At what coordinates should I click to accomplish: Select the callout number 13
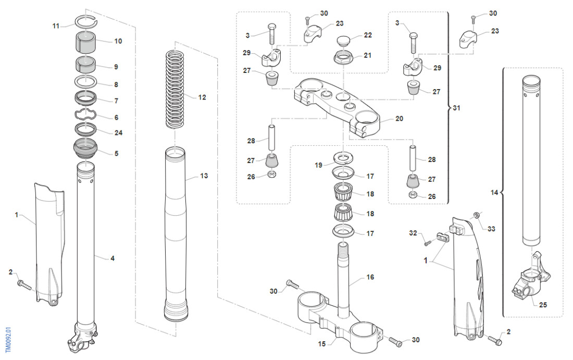(x=204, y=176)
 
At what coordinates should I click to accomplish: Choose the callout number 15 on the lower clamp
(x=321, y=343)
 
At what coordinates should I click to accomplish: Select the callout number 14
(x=494, y=192)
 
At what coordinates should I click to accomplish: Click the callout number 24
(x=118, y=132)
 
